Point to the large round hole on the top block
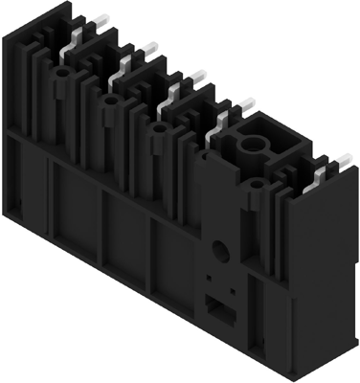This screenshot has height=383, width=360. tap(257, 147)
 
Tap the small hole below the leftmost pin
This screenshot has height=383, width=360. tap(62, 72)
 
